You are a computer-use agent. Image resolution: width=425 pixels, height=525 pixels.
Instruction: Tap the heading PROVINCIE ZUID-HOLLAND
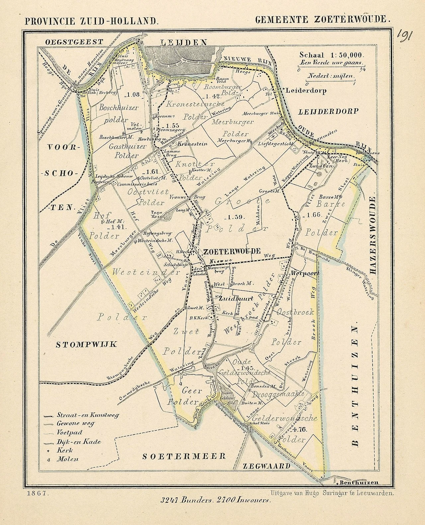[91, 22]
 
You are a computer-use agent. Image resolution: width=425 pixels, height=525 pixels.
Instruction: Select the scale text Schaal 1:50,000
[332, 55]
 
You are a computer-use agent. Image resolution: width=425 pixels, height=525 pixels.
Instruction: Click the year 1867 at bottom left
[37, 493]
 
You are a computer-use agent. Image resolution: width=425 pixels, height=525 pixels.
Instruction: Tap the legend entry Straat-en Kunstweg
[87, 415]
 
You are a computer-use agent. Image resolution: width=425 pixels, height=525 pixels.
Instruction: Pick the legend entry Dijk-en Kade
[78, 442]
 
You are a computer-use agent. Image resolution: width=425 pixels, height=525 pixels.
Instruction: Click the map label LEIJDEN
[184, 42]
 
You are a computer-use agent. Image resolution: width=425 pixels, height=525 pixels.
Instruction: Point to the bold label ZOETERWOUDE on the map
[232, 251]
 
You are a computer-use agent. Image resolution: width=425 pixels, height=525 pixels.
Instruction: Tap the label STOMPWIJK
[86, 344]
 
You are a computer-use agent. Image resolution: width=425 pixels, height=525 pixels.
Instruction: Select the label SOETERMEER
[184, 456]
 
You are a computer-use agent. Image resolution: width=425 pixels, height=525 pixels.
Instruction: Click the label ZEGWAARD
[267, 466]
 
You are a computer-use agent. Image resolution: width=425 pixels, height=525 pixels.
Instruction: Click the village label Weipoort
[305, 273]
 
